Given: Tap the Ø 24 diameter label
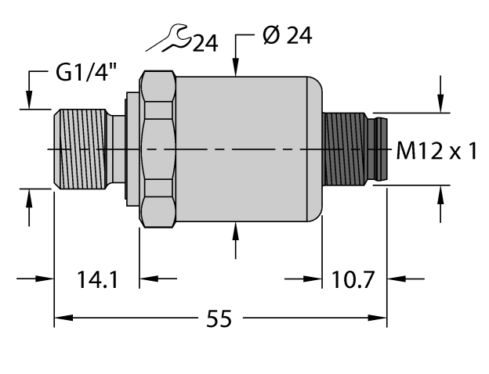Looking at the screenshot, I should click(x=286, y=36).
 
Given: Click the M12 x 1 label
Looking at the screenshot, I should click(x=436, y=151).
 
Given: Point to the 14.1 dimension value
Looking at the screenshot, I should click(x=97, y=279).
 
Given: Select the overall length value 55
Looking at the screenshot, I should click(x=220, y=320).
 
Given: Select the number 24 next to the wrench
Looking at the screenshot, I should click(x=205, y=44).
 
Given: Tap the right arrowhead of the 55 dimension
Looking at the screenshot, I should click(x=380, y=318).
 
